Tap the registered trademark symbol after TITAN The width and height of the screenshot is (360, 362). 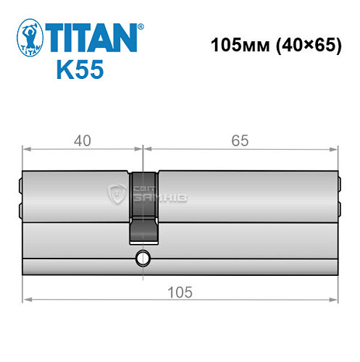tap(141, 25)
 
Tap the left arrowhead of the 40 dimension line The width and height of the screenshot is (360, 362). tap(27, 151)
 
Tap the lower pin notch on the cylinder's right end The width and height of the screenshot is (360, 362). tap(339, 211)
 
